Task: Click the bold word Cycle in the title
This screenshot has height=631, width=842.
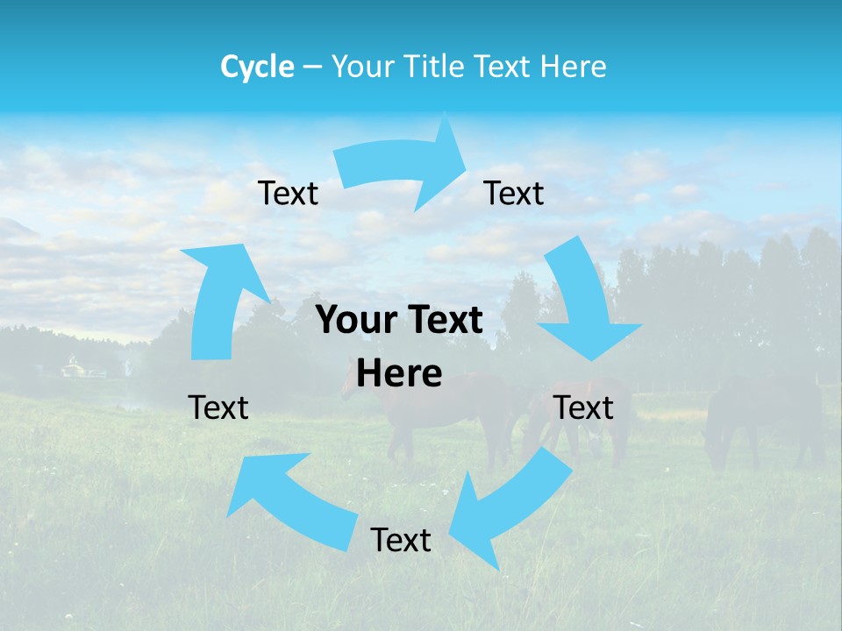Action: pyautogui.click(x=257, y=67)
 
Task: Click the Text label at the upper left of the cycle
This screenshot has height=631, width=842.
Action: pyautogui.click(x=288, y=194)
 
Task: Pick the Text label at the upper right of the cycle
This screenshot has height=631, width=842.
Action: pyautogui.click(x=514, y=194)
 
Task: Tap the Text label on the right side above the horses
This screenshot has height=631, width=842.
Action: pyautogui.click(x=583, y=408)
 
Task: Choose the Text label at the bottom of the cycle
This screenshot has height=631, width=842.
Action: pyautogui.click(x=401, y=540)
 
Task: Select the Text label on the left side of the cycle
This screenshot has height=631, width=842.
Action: pyautogui.click(x=218, y=408)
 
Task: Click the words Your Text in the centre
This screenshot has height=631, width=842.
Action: pyautogui.click(x=399, y=321)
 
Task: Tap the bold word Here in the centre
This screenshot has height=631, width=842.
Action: pyautogui.click(x=399, y=374)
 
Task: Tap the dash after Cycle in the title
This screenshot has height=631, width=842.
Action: pyautogui.click(x=312, y=67)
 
